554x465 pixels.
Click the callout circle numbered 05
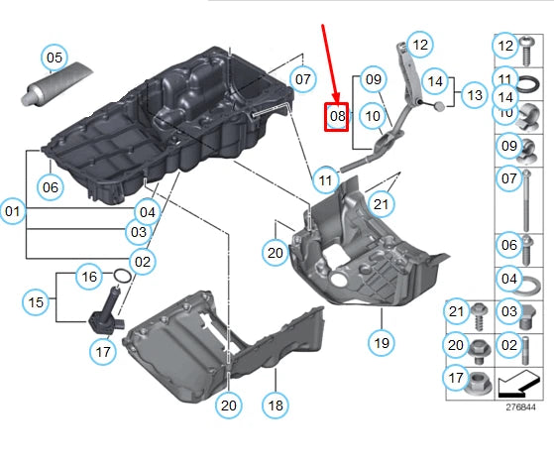click(55, 58)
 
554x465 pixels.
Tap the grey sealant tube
click(56, 83)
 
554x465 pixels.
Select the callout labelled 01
click(13, 211)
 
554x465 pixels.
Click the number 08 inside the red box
click(337, 116)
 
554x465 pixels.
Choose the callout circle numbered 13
click(475, 95)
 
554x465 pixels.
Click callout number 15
click(36, 302)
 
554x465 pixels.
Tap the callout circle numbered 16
click(89, 277)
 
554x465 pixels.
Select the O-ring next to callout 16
click(122, 276)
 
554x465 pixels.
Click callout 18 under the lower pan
click(276, 406)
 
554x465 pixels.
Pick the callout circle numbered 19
click(382, 343)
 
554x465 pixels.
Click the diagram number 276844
click(520, 407)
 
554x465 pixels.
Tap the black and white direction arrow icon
click(518, 384)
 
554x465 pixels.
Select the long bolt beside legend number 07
click(527, 200)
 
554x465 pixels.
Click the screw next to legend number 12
click(527, 51)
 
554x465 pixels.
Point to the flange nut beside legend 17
click(477, 385)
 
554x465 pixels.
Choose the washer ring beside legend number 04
click(526, 286)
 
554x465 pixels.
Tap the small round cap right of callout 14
click(439, 106)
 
